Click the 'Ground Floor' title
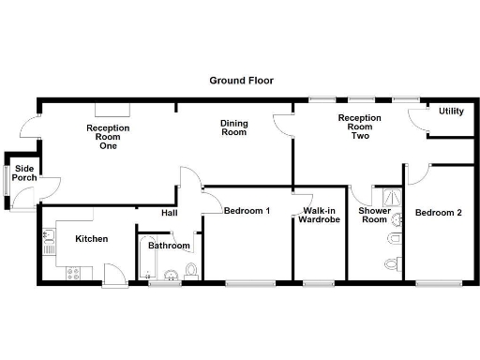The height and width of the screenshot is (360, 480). [241, 81]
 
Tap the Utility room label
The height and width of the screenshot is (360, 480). [451, 112]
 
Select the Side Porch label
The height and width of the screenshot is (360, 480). [24, 173]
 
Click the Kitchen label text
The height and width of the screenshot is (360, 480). [91, 239]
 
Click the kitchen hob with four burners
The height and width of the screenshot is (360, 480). [72, 272]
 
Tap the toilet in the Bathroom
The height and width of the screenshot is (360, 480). [190, 271]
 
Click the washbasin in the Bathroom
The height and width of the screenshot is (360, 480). [171, 275]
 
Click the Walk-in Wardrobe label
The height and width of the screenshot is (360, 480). [319, 217]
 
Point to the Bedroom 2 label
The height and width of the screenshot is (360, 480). [439, 213]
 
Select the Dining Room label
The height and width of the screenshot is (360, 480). [233, 127]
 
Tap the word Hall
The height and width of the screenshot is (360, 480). [169, 213]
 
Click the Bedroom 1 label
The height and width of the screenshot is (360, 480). [247, 211]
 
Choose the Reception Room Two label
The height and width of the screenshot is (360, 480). [359, 127]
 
